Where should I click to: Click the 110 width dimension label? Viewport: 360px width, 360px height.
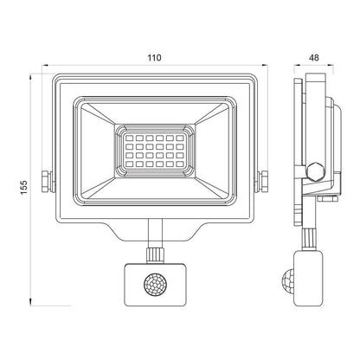[155, 58]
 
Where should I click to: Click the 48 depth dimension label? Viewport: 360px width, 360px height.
[314, 58]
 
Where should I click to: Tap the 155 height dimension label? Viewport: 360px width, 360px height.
[24, 187]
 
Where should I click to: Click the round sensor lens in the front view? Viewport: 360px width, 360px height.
[155, 285]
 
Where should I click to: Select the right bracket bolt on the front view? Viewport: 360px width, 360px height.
[262, 182]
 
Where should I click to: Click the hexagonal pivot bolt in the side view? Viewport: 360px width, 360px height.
[316, 172]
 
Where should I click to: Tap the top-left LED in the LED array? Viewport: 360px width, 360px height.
[130, 138]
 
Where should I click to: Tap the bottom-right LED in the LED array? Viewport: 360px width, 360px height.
[179, 164]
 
